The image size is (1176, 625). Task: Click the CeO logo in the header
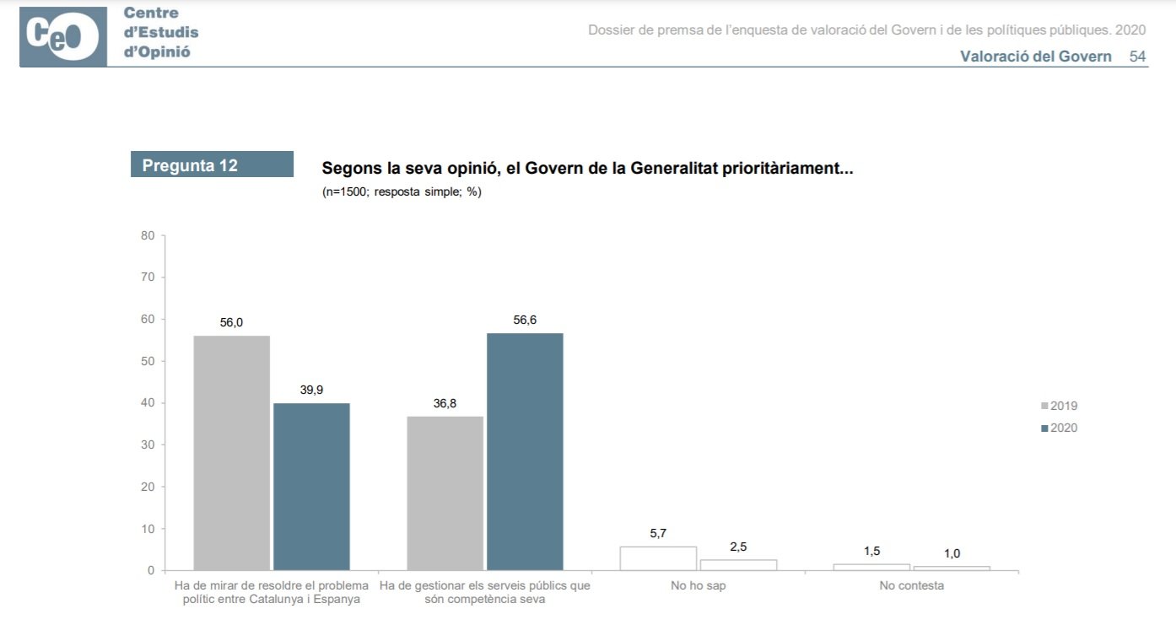tap(63, 36)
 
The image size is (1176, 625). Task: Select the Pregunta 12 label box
tap(212, 164)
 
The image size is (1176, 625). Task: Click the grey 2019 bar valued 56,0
tap(231, 452)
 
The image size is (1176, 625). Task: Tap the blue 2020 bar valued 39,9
tap(311, 486)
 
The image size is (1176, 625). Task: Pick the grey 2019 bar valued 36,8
tap(445, 493)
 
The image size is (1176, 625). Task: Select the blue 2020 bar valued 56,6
tap(525, 451)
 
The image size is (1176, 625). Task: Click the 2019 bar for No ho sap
tap(658, 558)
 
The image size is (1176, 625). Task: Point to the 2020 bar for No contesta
tap(952, 568)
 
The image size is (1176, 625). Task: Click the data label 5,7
tap(658, 533)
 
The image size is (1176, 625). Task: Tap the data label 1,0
tap(952, 553)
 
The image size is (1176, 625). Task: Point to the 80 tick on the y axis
tap(148, 235)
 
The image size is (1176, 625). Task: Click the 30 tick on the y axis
tap(148, 445)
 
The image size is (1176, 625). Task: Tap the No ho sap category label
tap(698, 585)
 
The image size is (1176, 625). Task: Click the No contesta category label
tap(911, 585)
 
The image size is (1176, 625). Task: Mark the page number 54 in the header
tap(1137, 57)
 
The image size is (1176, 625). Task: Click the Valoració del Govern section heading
tap(1035, 57)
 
